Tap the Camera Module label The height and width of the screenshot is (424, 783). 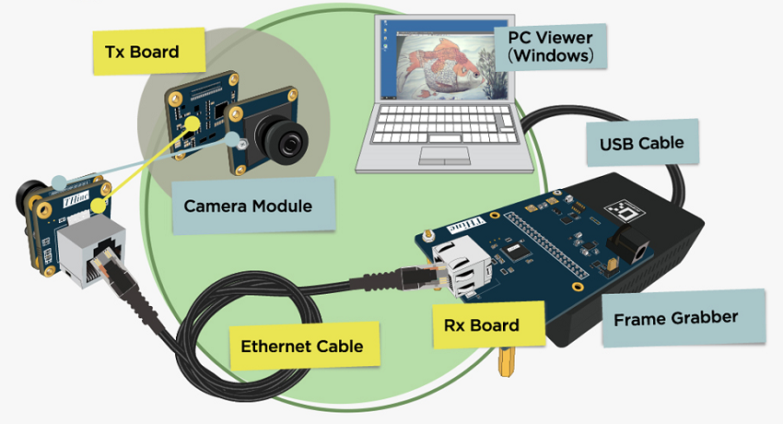247,205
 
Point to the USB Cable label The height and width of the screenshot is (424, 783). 641,143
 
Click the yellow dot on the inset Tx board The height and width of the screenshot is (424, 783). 192,123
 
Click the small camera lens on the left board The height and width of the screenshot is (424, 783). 25,195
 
